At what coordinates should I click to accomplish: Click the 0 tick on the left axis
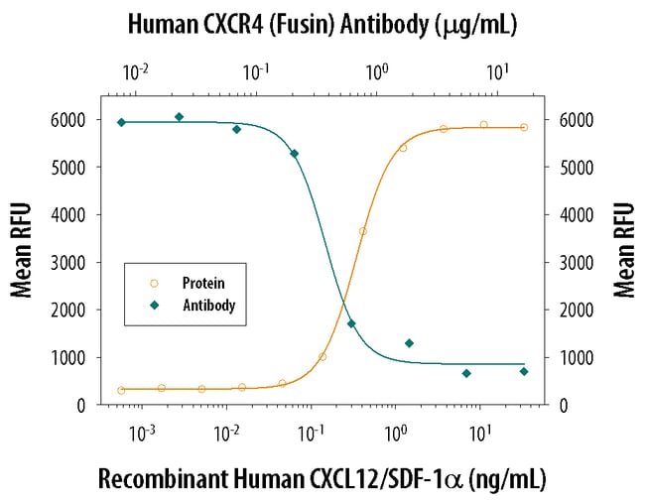pos(87,405)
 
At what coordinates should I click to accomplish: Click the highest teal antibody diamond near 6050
pos(179,117)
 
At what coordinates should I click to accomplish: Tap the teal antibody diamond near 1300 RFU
pos(409,343)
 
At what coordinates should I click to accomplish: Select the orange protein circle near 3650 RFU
pos(363,231)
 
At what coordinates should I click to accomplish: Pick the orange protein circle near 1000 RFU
pos(322,357)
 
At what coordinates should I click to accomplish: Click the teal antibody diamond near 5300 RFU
pos(294,154)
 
